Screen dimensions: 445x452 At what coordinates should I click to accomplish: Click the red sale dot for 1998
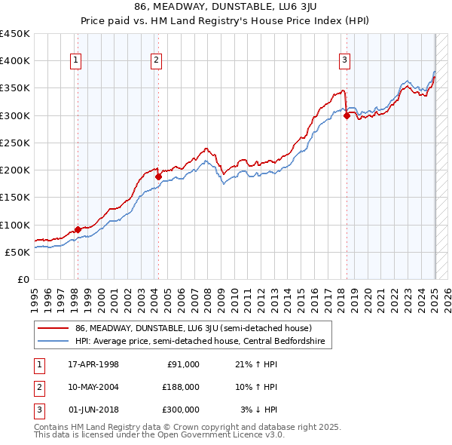pos(78,229)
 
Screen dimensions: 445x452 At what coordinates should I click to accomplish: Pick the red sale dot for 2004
pos(159,176)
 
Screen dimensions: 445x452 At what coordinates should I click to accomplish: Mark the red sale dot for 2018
pos(347,115)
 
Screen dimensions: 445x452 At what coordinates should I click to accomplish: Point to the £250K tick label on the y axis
pos(15,143)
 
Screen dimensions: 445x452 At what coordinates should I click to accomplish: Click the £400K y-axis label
pos(15,60)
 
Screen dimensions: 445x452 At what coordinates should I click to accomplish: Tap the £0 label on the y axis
pos(23,279)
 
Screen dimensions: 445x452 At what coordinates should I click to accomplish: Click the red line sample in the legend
pos(52,328)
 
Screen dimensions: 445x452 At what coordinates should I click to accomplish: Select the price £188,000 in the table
pos(181,387)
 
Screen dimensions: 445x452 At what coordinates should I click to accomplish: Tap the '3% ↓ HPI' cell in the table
pos(259,410)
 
